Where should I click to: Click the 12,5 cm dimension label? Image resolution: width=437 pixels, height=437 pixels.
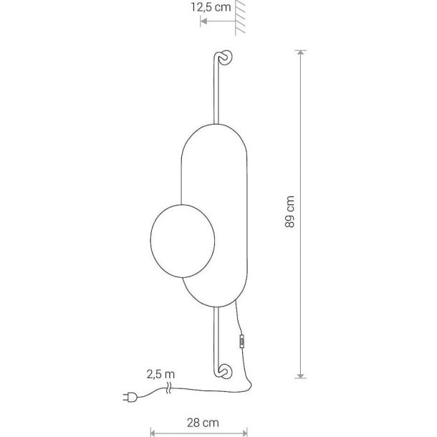click(211, 7)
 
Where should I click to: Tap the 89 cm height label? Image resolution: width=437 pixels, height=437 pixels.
click(290, 212)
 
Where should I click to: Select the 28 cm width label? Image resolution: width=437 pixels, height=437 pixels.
click(203, 423)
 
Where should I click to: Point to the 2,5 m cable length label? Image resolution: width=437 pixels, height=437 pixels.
click(160, 374)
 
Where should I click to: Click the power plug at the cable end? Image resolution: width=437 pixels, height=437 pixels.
click(130, 397)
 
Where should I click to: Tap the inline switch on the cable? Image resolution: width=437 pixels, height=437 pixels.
click(241, 342)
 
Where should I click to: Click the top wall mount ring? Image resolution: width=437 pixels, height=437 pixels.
click(225, 58)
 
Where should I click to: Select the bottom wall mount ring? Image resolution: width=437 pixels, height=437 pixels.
click(225, 371)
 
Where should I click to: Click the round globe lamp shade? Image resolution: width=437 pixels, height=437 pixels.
click(183, 241)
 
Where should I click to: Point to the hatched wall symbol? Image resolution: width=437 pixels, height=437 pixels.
click(240, 18)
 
